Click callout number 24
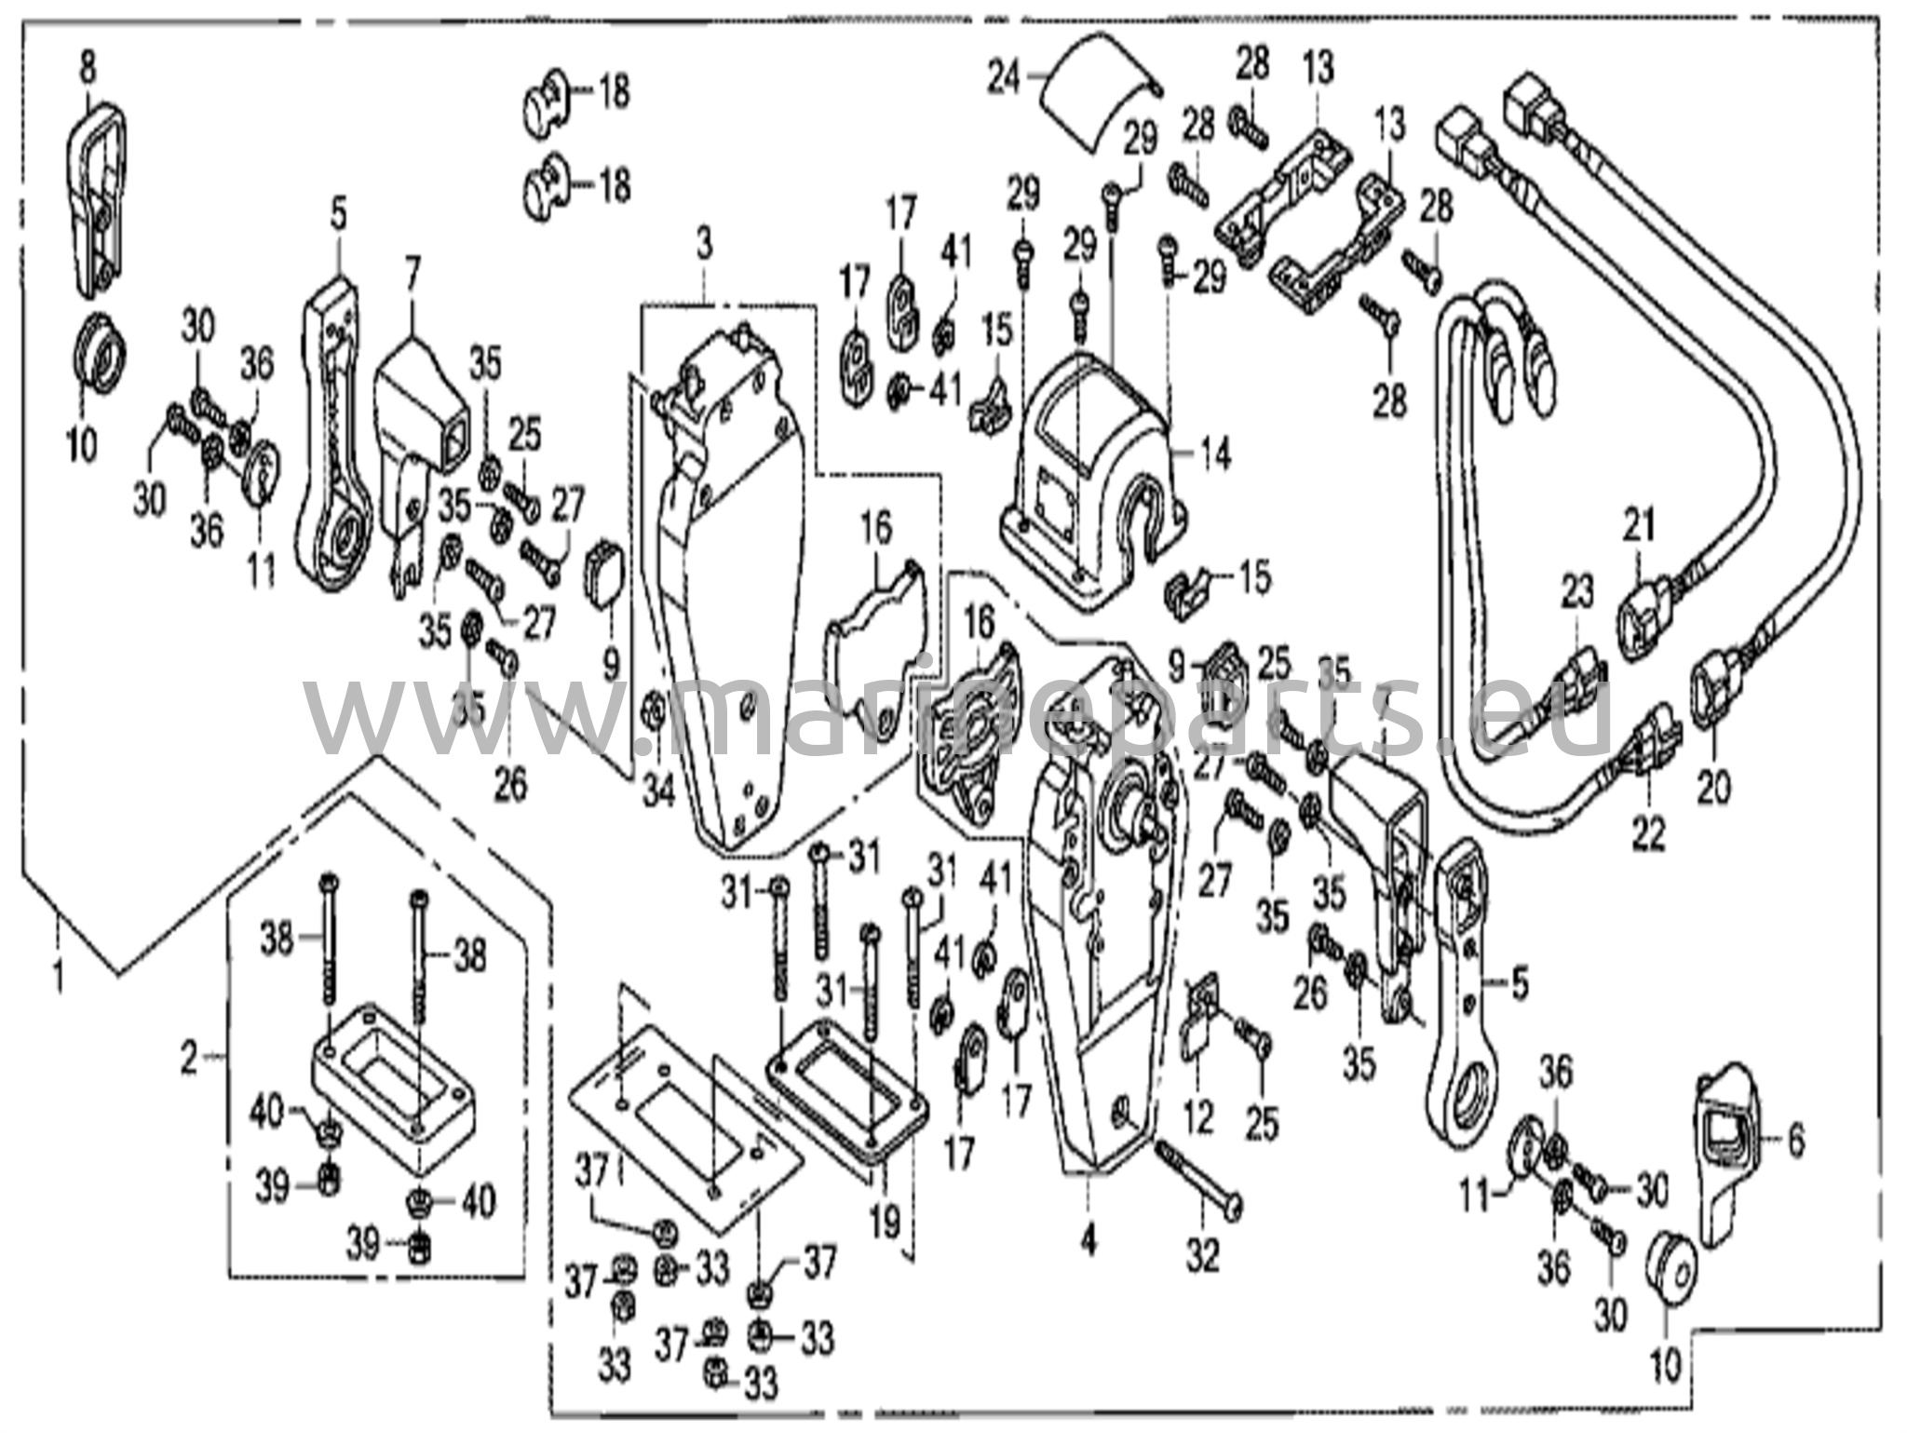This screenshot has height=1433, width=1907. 1005,77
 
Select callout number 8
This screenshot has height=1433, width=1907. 88,68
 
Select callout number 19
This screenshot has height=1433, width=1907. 885,1219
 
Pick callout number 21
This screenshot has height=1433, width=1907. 1640,526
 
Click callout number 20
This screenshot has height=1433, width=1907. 1714,788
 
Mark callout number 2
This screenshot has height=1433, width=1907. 189,1058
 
